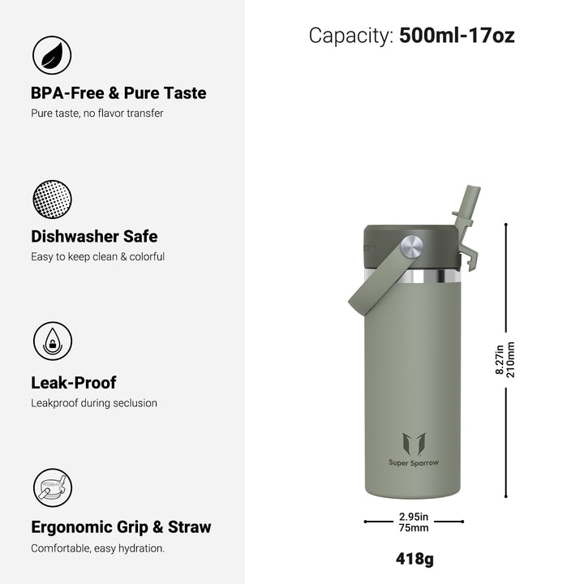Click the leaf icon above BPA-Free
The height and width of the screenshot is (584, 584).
52,55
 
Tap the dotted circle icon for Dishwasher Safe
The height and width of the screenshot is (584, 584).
52,199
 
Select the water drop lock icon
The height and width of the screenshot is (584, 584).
53,341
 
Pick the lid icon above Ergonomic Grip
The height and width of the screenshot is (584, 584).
53,487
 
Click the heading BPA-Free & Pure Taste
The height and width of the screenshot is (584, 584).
118,93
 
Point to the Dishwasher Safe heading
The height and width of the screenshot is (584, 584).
94,237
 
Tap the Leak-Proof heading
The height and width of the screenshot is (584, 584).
73,383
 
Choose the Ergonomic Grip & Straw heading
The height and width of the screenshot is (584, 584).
121,527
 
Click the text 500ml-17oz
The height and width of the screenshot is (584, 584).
457,36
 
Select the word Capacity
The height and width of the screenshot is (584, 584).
351,36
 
